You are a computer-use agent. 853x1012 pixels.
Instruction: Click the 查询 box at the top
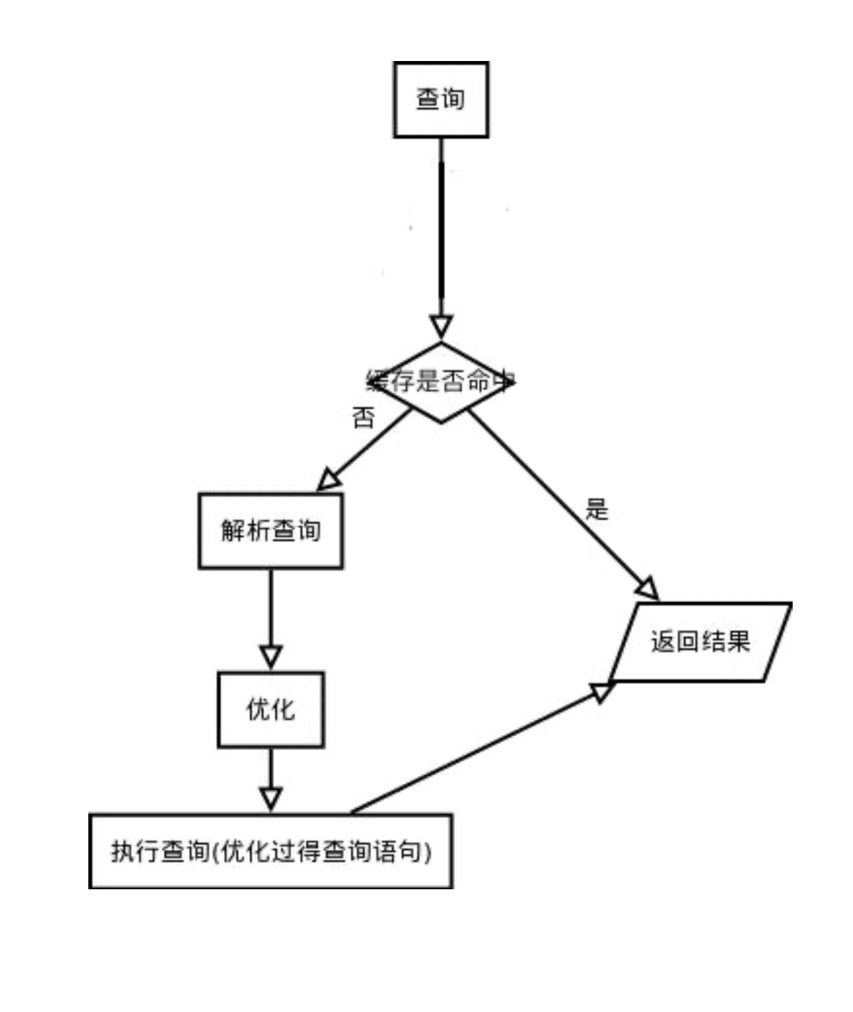pyautogui.click(x=440, y=99)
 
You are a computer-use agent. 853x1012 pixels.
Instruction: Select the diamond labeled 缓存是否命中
pyautogui.click(x=441, y=383)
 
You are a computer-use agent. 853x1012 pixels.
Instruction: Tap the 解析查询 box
pyautogui.click(x=270, y=531)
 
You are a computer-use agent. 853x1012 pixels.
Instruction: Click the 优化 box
pyautogui.click(x=271, y=710)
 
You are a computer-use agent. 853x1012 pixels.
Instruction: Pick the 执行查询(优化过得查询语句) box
pyautogui.click(x=271, y=851)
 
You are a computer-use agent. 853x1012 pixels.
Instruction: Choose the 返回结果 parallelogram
pyautogui.click(x=700, y=642)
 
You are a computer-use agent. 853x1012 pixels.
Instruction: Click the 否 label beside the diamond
pyautogui.click(x=363, y=418)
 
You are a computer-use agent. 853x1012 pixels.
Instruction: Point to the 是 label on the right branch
pyautogui.click(x=597, y=510)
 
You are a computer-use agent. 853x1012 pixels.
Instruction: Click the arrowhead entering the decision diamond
pyautogui.click(x=441, y=327)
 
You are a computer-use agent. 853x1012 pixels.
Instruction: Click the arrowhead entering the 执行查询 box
pyautogui.click(x=271, y=799)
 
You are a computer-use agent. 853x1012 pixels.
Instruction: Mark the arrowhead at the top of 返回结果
pyautogui.click(x=647, y=589)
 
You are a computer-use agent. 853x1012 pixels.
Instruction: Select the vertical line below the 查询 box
pyautogui.click(x=441, y=230)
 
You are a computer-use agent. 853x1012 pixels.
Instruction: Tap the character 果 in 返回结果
pyautogui.click(x=737, y=642)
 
